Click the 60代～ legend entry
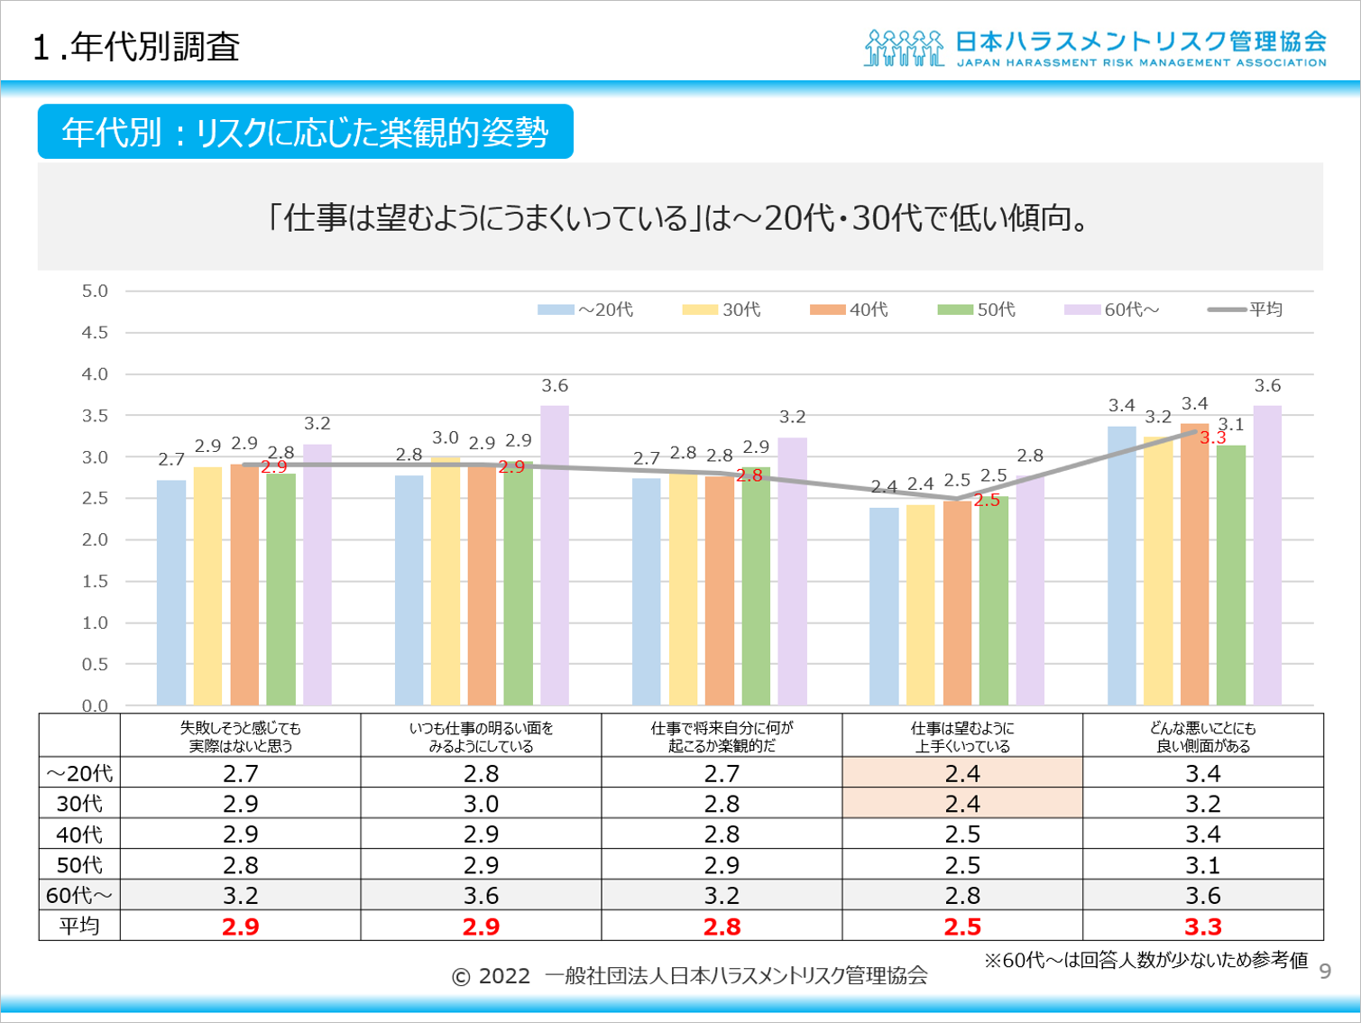coord(1111,310)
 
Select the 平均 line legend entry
coord(1245,310)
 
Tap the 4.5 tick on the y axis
coord(95,333)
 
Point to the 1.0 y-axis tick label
coord(95,623)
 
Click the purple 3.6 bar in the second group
coord(555,555)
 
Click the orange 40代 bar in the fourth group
coord(957,603)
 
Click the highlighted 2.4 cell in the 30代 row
coord(962,804)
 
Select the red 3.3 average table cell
coord(1202,926)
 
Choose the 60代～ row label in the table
coord(79,896)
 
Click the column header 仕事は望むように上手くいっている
coord(962,736)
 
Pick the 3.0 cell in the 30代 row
coord(481,804)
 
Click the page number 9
coord(1325,972)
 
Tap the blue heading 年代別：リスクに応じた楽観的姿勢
coord(305,133)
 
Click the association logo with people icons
coord(905,49)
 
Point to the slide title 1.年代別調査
coord(136,47)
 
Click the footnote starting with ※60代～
coord(1145,960)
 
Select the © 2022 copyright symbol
coord(461,977)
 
